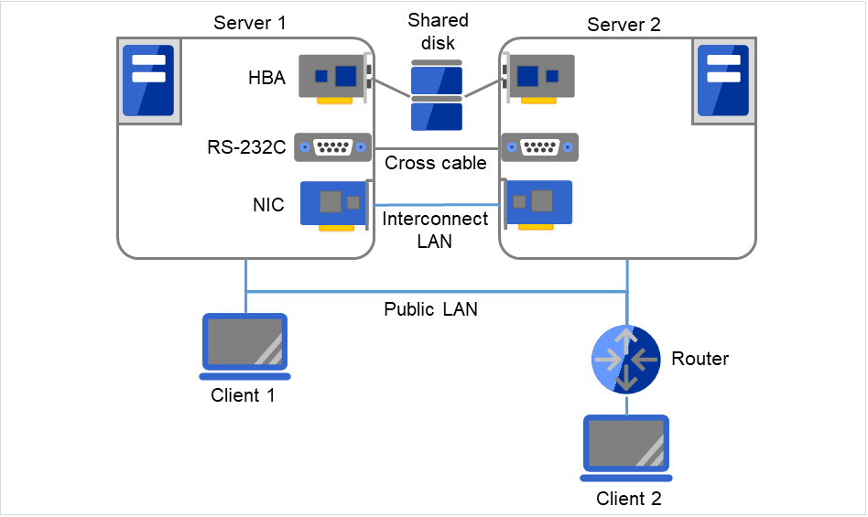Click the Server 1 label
coord(250,22)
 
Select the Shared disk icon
coord(437,96)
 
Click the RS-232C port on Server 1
coord(332,147)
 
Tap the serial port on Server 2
coord(539,147)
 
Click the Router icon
coord(625,359)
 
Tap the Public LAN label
coord(430,309)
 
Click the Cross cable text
coord(435,164)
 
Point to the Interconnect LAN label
coord(435,231)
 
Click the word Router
coord(700,359)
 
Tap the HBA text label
coord(266,79)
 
